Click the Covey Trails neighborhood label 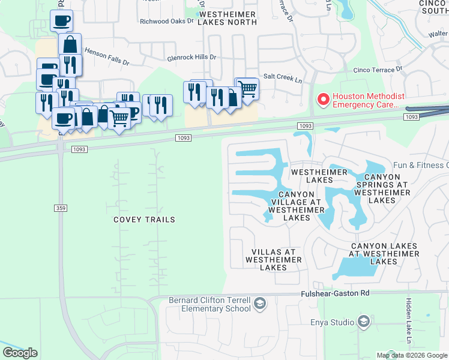pos(144,220)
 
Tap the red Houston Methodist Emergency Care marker pos(323,100)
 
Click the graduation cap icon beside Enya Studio pos(364,322)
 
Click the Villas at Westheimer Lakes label pos(273,260)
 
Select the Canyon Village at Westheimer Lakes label pos(297,206)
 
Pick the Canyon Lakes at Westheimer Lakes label pos(385,254)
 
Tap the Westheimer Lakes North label pos(228,18)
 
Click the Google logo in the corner pos(20,353)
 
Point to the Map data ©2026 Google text pos(412,355)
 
